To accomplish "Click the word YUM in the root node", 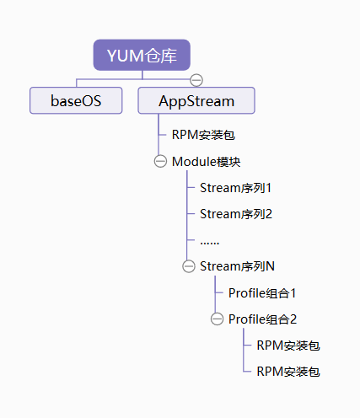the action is (x=126, y=56).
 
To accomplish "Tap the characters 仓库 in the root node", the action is (x=161, y=56).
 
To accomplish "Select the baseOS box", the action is (x=76, y=100).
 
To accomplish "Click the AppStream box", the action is (x=196, y=100).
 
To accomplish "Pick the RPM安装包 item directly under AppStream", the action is (x=203, y=135).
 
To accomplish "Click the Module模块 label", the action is (x=207, y=162).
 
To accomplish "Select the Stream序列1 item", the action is (x=235, y=188).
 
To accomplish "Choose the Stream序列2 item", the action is (x=236, y=214).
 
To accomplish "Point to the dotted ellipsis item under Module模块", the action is (x=210, y=243).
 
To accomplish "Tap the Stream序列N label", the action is (x=237, y=266).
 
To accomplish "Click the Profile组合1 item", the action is (x=262, y=293).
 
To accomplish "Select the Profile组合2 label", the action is (x=262, y=319).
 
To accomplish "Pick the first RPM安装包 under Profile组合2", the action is (x=288, y=346).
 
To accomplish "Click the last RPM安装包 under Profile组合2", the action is (x=288, y=372).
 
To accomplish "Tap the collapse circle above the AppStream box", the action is (x=196, y=80).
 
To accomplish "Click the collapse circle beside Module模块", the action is (x=160, y=162).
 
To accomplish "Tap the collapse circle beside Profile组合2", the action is (x=217, y=319).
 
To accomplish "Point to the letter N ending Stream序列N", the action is (x=270, y=266).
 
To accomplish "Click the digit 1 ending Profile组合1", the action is (x=293, y=293).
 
